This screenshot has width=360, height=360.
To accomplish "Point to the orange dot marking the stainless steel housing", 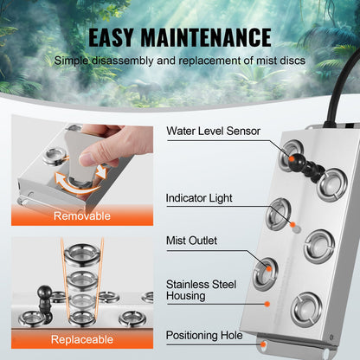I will point(269,303).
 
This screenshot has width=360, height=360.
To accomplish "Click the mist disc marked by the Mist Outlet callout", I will point(266,271).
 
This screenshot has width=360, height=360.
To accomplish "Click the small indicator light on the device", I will point(295,227).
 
